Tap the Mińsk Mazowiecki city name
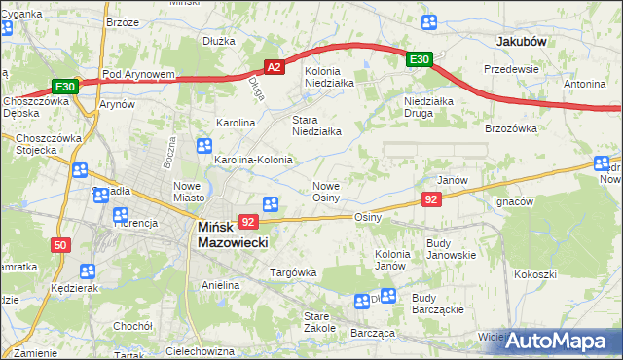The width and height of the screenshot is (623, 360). tap(233, 234)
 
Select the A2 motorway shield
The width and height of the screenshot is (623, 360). tap(275, 67)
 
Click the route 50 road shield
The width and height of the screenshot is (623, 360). tap(60, 245)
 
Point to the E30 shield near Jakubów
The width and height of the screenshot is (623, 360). tap(420, 60)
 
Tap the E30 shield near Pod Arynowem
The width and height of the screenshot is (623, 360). tap(65, 86)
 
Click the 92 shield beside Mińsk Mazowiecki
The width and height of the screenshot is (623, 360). tap(248, 223)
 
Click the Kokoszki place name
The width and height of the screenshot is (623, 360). tap(536, 274)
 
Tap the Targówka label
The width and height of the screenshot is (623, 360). tap(293, 272)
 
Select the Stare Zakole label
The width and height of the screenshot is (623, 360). tap(317, 322)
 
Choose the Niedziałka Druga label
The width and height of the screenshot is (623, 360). tap(430, 106)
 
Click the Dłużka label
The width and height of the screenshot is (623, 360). tap(220, 41)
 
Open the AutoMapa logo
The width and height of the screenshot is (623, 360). tap(554, 341)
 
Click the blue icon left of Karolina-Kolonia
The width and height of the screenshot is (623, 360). tap(204, 147)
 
